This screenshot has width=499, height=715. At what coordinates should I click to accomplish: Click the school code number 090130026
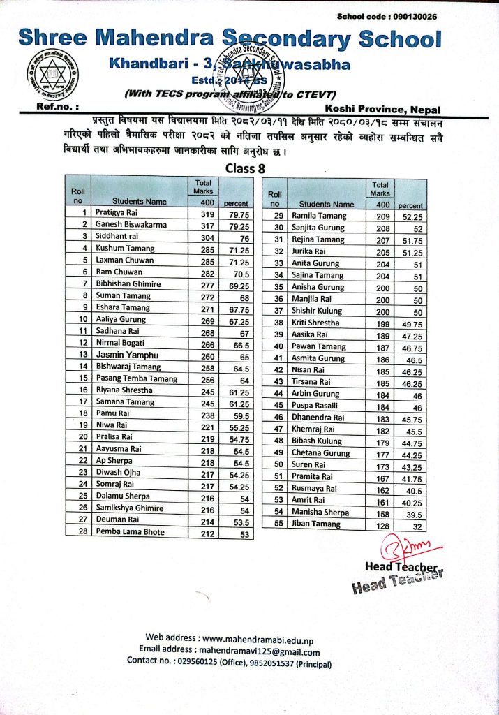415,16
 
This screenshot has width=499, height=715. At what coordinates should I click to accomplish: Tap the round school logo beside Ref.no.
53,75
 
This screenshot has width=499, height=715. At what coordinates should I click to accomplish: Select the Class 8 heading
245,168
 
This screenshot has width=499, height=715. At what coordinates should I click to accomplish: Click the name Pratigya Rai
118,212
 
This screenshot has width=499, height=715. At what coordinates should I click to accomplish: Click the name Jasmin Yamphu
126,355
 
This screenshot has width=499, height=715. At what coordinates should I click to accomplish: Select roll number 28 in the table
83,532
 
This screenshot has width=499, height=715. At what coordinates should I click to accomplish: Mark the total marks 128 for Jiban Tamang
381,524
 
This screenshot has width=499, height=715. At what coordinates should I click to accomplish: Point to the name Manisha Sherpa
320,512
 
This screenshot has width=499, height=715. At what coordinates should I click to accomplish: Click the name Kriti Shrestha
315,323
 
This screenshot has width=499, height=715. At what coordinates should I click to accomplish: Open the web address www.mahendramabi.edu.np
259,637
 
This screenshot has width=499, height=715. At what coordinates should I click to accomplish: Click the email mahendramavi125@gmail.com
265,652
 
